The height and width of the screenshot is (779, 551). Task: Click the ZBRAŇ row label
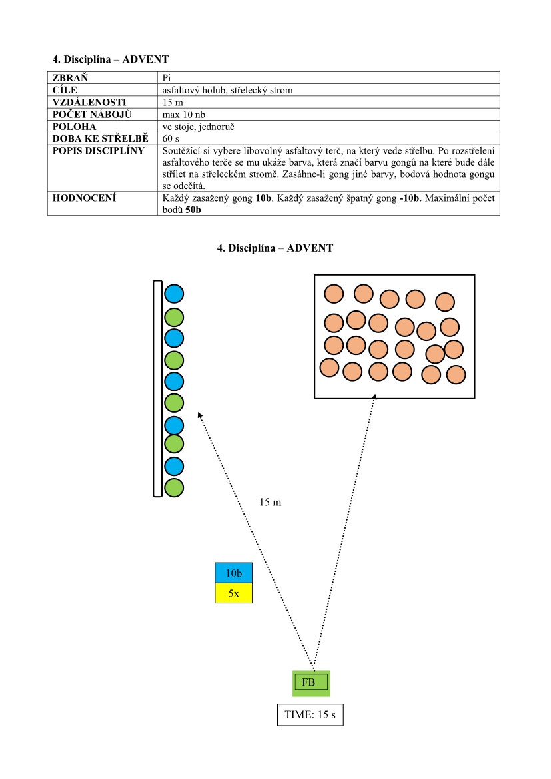coord(70,77)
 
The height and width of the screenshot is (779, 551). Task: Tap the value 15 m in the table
coord(173,102)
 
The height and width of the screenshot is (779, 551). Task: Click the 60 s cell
coord(171,138)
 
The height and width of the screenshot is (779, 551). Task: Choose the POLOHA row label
coord(75,127)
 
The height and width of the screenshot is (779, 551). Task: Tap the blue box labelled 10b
coord(233,573)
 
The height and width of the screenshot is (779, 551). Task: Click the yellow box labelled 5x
coord(233,593)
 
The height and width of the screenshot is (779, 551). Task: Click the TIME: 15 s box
coord(310,715)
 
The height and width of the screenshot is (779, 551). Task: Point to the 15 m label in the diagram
coord(270,502)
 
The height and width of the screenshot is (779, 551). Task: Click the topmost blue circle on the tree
coord(174,294)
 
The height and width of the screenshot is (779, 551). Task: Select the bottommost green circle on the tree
coord(174,487)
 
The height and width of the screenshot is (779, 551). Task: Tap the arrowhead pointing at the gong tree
coord(200,415)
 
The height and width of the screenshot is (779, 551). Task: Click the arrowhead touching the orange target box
coord(374,397)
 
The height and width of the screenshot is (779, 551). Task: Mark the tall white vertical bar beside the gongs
coord(157,388)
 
